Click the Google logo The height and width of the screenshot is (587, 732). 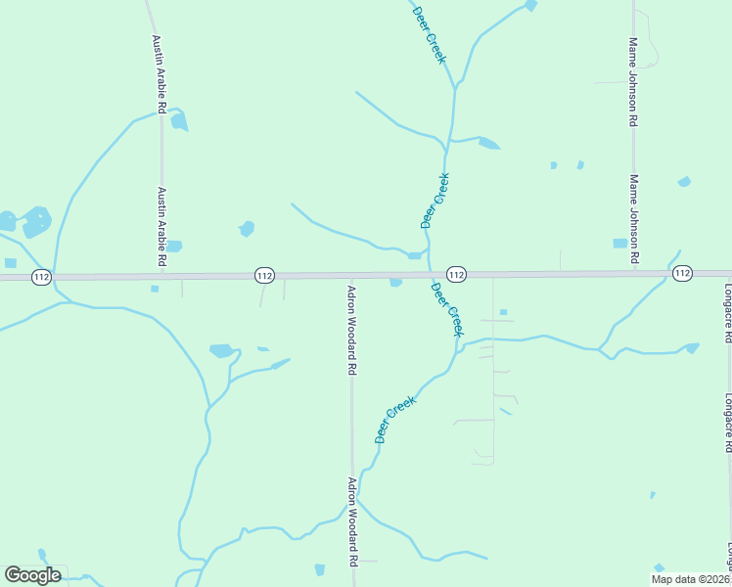coord(32,575)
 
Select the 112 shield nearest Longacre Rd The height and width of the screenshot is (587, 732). coord(682,273)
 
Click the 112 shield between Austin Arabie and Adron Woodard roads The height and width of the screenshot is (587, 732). coord(264,276)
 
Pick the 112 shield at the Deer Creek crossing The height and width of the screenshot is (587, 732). coord(456,274)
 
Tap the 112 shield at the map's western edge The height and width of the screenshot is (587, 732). coord(40,277)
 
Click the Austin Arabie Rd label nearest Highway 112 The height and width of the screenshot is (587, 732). coord(162,228)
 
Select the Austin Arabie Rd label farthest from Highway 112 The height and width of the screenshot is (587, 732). coord(158,74)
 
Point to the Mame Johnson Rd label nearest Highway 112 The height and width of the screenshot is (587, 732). coord(634,219)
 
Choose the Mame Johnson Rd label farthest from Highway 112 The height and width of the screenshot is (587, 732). coord(634,83)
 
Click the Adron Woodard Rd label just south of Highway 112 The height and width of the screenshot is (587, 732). coord(351,331)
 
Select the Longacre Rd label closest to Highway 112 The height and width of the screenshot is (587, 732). coord(727,313)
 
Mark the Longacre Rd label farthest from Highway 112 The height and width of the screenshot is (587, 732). coord(727,423)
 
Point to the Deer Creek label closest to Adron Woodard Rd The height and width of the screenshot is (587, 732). coord(395,420)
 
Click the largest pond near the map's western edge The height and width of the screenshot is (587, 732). coord(36,222)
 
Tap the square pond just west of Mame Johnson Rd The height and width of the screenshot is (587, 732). coord(619,244)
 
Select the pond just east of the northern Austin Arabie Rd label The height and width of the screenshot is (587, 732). coord(178,121)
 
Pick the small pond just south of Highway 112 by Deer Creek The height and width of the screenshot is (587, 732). coord(395,283)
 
